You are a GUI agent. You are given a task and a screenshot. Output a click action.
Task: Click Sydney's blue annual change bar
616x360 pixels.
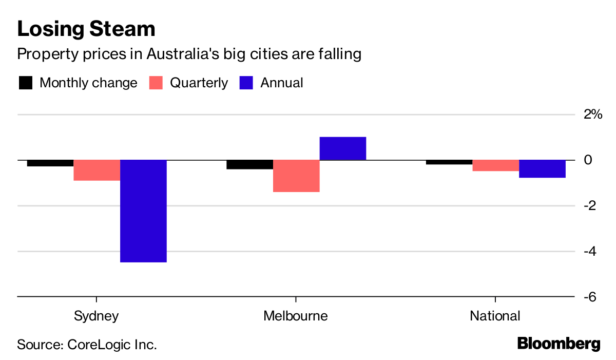[x=143, y=211]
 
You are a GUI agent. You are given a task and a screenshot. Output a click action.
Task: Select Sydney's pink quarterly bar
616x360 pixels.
[x=97, y=170]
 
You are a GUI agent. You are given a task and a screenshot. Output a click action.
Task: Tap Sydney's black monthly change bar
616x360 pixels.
[x=50, y=163]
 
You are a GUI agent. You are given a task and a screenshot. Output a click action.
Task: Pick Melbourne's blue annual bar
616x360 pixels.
[x=342, y=148]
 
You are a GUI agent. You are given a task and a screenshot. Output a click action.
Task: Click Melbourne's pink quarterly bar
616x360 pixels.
[x=296, y=176]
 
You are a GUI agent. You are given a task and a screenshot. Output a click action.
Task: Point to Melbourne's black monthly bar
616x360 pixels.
[x=250, y=164]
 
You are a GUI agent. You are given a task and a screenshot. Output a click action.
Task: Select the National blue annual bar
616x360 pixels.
[x=542, y=168]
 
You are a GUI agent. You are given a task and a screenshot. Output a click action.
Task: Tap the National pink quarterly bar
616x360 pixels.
[x=496, y=165]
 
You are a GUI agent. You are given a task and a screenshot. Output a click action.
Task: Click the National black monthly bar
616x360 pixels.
[x=449, y=162]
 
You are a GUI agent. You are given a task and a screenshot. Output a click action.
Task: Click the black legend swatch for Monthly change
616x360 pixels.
[x=26, y=83]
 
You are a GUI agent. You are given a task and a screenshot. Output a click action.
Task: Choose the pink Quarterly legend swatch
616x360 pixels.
[x=156, y=83]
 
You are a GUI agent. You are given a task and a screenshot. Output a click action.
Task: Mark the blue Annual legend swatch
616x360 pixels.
[x=246, y=83]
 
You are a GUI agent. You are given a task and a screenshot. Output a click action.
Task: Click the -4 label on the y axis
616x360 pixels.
[x=591, y=251]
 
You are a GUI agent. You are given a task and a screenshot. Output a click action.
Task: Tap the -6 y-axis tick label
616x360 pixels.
[x=591, y=297]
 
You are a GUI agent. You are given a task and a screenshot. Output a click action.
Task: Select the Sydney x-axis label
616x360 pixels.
[x=97, y=315]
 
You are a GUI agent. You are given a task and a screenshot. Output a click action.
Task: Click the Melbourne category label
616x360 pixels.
[x=296, y=315]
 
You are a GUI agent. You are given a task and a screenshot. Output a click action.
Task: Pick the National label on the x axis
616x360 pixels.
[x=495, y=315]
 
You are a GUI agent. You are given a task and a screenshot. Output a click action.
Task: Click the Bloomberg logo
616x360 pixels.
[x=559, y=344]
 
